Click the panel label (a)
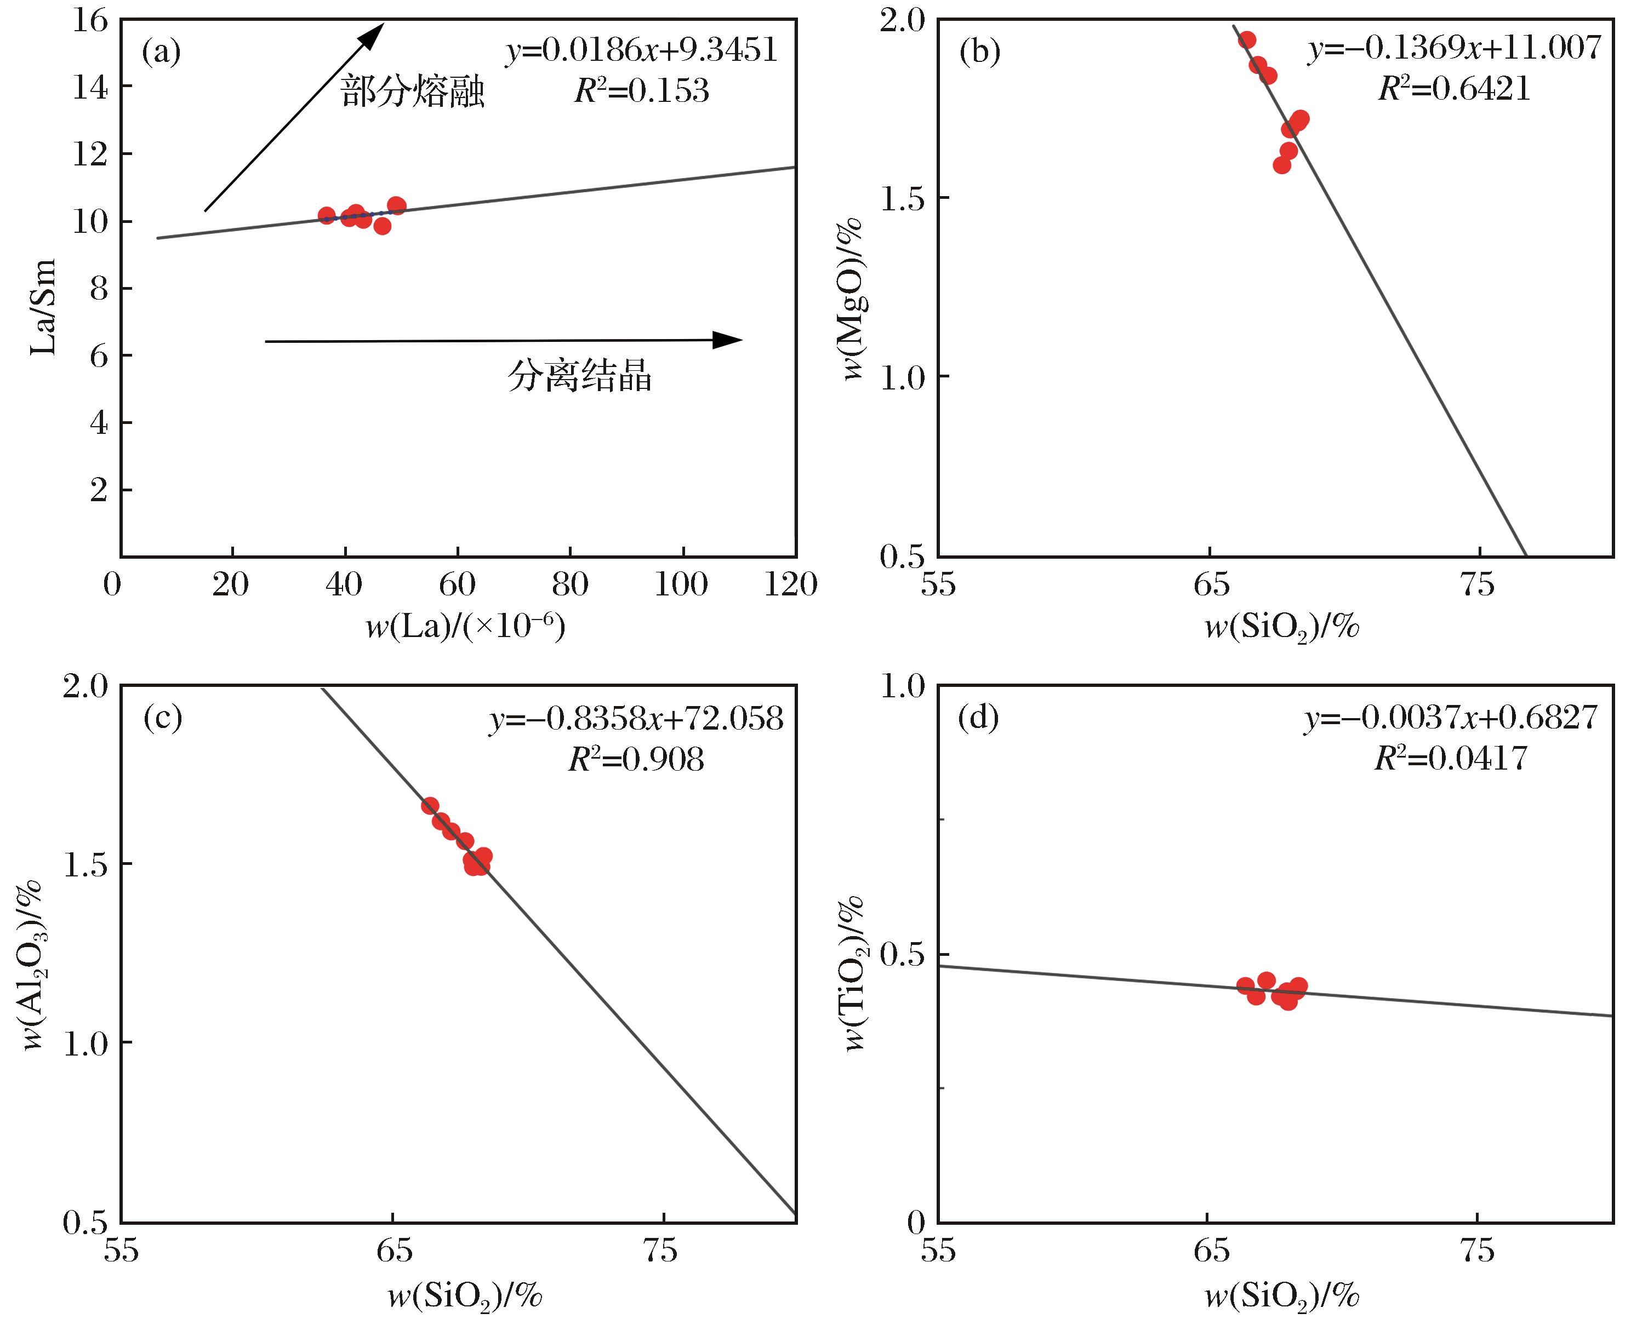pyautogui.click(x=161, y=51)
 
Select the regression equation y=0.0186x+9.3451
pyautogui.click(x=642, y=51)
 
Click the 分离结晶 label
pyautogui.click(x=580, y=375)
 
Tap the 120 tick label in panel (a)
pyautogui.click(x=790, y=584)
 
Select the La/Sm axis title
pyautogui.click(x=43, y=307)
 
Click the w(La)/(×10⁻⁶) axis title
pyautogui.click(x=465, y=627)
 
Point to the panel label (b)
pyautogui.click(x=980, y=51)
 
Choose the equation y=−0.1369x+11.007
pyautogui.click(x=1455, y=48)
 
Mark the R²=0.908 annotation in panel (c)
pyautogui.click(x=637, y=758)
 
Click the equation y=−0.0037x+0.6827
pyautogui.click(x=1452, y=718)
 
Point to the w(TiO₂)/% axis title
pyautogui.click(x=855, y=972)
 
